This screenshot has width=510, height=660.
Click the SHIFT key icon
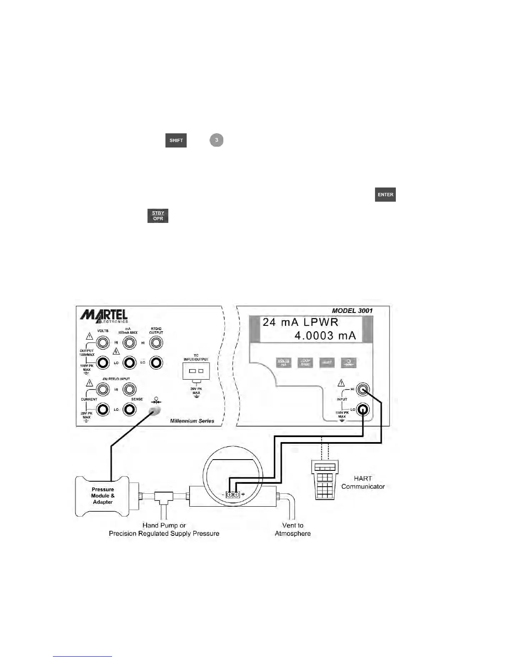[176, 140]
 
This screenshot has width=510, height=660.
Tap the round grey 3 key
[216, 140]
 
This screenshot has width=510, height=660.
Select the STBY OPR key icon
[158, 216]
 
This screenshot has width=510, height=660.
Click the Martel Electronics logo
[104, 315]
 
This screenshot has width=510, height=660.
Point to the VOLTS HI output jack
[102, 343]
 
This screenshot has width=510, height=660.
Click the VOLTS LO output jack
[102, 362]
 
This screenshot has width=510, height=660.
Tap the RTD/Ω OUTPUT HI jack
[156, 343]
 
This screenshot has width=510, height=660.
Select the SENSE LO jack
[130, 410]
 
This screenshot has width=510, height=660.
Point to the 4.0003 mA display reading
[325, 335]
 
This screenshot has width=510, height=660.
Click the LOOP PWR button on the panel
[305, 362]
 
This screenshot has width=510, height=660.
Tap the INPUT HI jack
[363, 390]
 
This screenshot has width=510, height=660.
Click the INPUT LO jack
[363, 410]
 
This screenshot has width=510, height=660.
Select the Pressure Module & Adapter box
[103, 496]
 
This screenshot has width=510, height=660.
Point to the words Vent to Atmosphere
[292, 529]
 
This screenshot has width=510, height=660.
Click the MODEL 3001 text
[352, 310]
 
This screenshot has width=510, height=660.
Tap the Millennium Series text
[192, 421]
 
